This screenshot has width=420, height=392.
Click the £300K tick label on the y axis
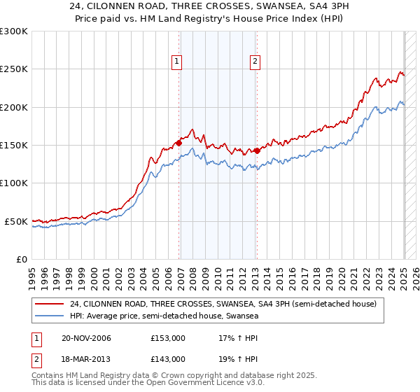14,31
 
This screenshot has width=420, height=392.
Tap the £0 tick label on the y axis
22,259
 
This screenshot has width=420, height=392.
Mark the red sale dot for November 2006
179,143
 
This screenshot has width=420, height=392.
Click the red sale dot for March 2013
257,150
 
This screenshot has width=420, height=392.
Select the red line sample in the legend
49,304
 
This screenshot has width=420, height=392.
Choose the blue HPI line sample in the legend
49,316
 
